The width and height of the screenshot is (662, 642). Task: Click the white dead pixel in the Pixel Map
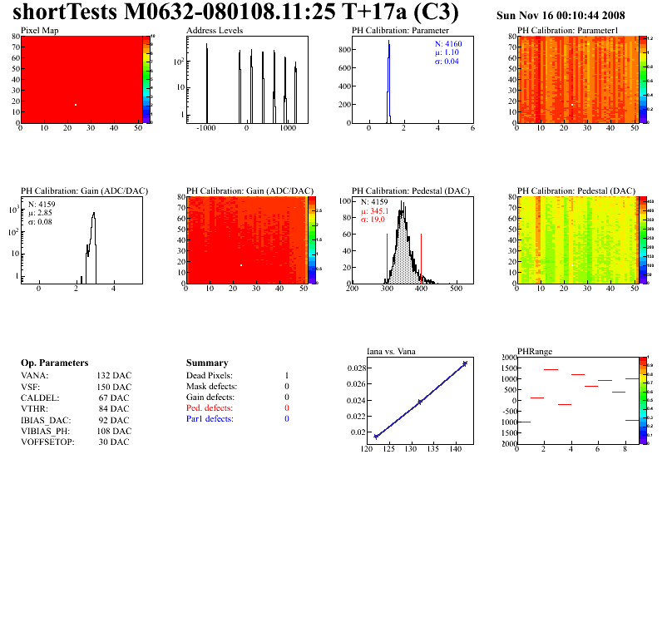click(76, 105)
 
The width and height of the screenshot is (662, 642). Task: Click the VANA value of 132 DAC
click(114, 376)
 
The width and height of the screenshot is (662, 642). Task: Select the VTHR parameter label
click(34, 408)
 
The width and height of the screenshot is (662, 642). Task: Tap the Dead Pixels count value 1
click(286, 376)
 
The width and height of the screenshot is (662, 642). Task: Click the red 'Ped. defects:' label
click(210, 408)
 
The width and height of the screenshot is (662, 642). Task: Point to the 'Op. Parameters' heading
click(54, 363)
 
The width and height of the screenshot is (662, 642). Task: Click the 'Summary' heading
click(207, 363)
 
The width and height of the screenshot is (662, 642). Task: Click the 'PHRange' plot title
click(535, 351)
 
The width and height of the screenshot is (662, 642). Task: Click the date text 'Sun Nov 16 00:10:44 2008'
click(561, 16)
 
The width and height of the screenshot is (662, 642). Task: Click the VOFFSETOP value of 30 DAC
click(114, 442)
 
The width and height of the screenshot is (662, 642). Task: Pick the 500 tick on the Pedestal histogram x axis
click(456, 289)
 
